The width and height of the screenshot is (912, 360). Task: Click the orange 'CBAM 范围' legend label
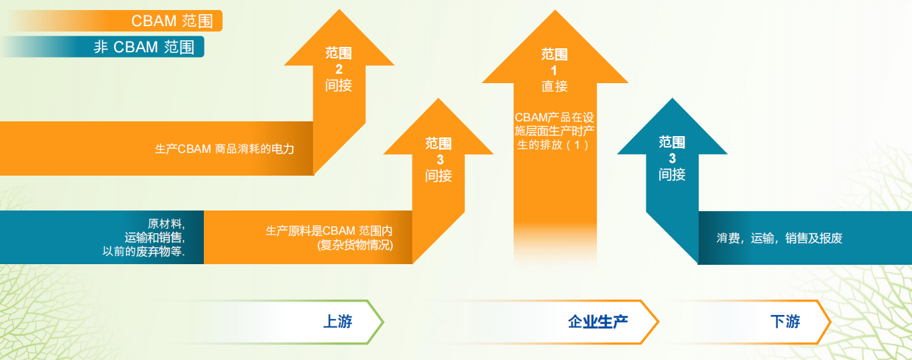pyautogui.click(x=172, y=21)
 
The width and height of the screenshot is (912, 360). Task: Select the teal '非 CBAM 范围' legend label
pyautogui.click(x=144, y=47)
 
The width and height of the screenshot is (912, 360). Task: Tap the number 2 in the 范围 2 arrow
pyautogui.click(x=339, y=69)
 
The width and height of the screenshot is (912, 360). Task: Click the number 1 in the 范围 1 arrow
pyautogui.click(x=554, y=70)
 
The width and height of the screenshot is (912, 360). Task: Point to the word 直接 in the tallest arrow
pyautogui.click(x=555, y=86)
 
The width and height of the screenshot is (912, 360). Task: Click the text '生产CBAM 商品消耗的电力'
pyautogui.click(x=225, y=149)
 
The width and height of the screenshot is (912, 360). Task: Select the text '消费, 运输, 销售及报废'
pyautogui.click(x=779, y=238)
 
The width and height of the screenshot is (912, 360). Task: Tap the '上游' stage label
pyautogui.click(x=337, y=321)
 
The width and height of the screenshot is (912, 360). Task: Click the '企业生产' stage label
pyautogui.click(x=597, y=322)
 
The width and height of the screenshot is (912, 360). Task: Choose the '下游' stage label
pyautogui.click(x=785, y=321)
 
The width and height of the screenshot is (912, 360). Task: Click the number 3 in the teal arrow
pyautogui.click(x=672, y=158)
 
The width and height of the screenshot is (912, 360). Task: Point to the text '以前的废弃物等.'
pyautogui.click(x=144, y=251)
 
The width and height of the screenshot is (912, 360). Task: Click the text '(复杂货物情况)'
pyautogui.click(x=355, y=245)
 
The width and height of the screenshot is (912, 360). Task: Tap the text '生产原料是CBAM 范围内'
pyautogui.click(x=329, y=231)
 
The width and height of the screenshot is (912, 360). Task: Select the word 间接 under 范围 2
pyautogui.click(x=339, y=86)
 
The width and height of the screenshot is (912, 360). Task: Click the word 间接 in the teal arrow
pyautogui.click(x=672, y=174)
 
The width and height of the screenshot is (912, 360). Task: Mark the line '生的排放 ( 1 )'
pyautogui.click(x=553, y=145)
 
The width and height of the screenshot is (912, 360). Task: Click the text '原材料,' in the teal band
pyautogui.click(x=166, y=223)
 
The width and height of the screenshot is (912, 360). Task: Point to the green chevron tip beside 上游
pyautogui.click(x=383, y=322)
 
